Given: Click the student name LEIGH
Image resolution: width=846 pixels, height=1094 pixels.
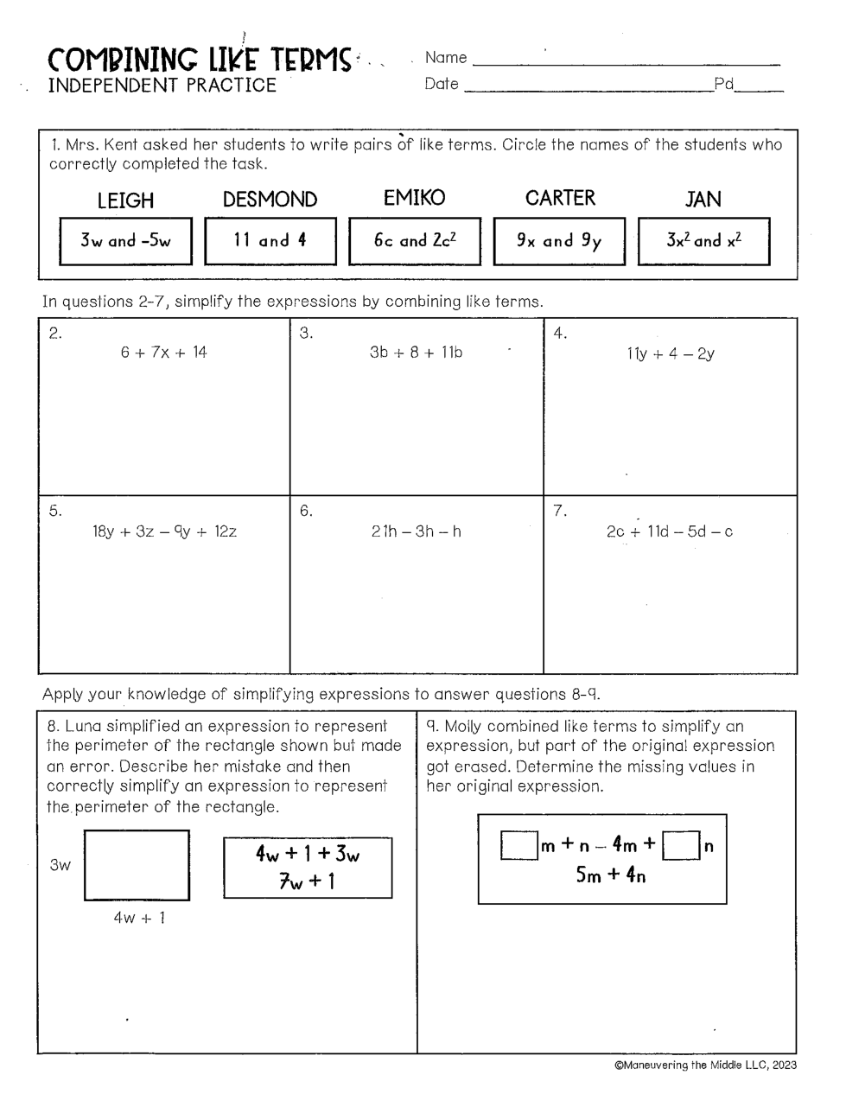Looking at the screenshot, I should coord(125,200).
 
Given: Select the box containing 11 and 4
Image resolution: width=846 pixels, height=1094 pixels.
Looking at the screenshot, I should coord(270,240).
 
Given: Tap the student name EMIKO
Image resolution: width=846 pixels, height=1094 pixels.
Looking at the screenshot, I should coord(414,198).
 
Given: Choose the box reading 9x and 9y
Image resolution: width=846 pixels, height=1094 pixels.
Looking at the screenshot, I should coord(558,240).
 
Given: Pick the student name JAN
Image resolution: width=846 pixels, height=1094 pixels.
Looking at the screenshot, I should coord(703,200).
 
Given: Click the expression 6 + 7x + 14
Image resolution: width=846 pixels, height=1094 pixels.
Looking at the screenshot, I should coord(164,352).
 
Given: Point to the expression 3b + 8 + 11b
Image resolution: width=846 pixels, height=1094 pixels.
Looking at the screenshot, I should coord(416,352).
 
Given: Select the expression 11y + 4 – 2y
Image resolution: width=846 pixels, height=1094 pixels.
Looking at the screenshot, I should coord(671,353).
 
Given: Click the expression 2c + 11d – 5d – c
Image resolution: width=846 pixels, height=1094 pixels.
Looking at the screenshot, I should coord(670,531).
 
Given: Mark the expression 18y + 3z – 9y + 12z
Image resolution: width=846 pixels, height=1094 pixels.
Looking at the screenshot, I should coord(164,531).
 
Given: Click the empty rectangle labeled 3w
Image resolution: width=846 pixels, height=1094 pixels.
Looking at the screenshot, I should coord(137,865).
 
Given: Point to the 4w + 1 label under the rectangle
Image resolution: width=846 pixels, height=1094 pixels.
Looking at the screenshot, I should coord(138,918).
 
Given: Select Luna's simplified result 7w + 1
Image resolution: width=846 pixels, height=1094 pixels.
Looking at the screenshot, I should coord(307,881).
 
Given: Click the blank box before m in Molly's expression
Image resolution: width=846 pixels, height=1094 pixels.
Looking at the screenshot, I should coord(518,845).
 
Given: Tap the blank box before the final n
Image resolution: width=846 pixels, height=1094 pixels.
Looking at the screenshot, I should coord(681,845).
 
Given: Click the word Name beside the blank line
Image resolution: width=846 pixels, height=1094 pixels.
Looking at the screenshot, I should coord(446,58).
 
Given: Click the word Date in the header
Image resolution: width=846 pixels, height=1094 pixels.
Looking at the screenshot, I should coord(442,84).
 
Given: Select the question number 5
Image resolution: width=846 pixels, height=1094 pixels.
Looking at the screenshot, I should coord(54,511).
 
